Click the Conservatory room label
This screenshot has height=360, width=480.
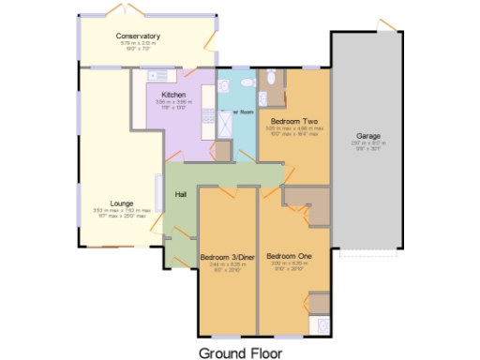point(139,37)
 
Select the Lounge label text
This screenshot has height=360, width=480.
point(121,202)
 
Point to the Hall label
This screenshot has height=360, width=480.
point(181,195)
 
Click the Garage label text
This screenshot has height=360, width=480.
point(368,136)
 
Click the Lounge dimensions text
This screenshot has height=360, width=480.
point(121,213)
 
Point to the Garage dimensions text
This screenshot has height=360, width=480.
point(368,144)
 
